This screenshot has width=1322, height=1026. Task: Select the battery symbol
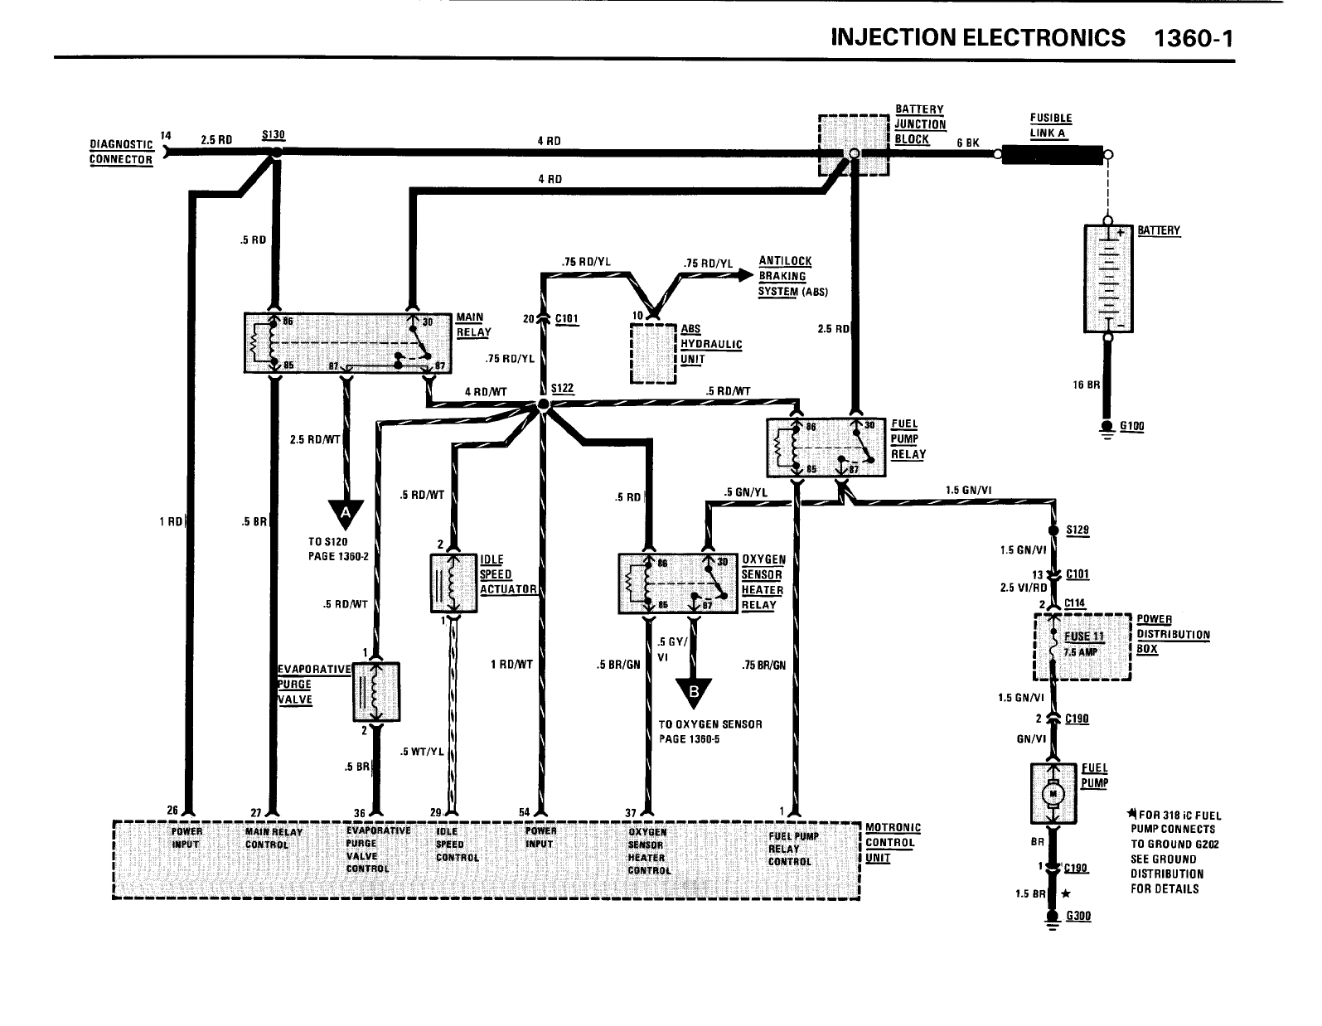tap(1108, 278)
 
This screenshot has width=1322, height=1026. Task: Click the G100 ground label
tap(1131, 427)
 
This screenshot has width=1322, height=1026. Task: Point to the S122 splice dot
tap(543, 404)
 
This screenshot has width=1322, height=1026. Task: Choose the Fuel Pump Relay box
tap(827, 448)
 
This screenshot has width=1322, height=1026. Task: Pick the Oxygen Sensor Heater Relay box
tap(677, 583)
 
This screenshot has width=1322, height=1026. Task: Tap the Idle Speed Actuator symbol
tap(454, 583)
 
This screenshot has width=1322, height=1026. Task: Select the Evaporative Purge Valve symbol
tap(375, 692)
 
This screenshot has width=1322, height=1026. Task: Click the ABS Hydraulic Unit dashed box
tap(654, 353)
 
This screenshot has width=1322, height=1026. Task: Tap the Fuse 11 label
tap(1082, 636)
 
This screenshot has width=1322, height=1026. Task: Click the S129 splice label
tap(1077, 530)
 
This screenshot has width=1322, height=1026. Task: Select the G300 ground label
tap(1077, 917)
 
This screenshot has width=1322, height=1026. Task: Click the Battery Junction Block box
tap(854, 145)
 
